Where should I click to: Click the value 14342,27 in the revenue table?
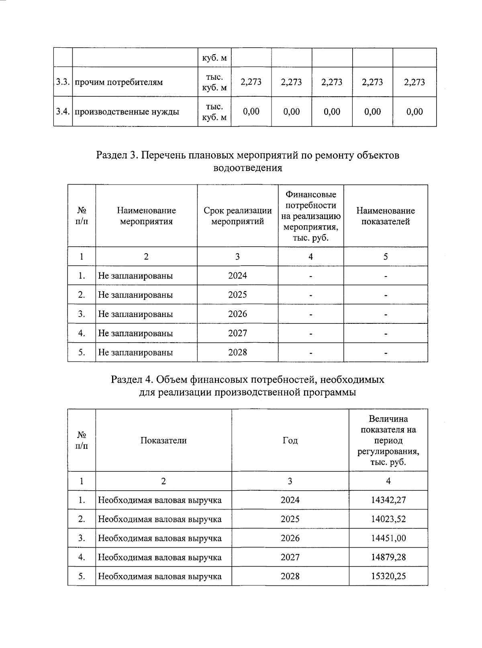388,500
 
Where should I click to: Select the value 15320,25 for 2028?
388,576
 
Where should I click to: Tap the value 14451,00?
388,538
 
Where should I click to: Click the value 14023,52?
388,519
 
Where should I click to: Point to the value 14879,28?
388,557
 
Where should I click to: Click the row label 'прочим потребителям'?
119,82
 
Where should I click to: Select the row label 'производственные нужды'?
127,112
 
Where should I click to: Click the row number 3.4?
63,112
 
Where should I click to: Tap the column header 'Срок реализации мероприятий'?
237,216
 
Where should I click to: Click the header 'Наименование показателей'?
385,216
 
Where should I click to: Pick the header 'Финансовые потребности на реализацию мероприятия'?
310,216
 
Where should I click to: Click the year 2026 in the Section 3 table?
237,314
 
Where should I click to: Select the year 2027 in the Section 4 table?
290,557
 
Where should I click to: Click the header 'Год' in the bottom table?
290,441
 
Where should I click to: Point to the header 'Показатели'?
163,441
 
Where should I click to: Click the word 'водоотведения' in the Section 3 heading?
247,168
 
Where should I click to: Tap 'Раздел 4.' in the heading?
131,380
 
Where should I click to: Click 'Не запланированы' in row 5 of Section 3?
135,352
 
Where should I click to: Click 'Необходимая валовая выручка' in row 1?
159,500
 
